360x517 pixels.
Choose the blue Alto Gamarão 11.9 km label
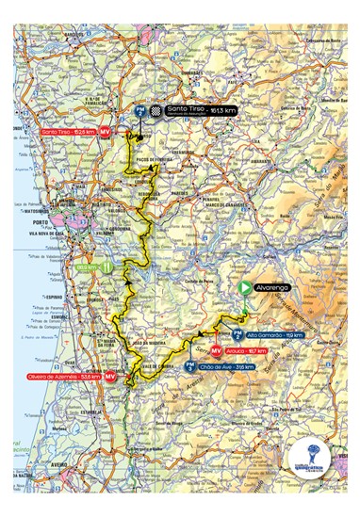[280, 333]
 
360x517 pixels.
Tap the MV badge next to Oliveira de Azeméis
[110, 376]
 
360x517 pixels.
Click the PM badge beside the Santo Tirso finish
[140, 111]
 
